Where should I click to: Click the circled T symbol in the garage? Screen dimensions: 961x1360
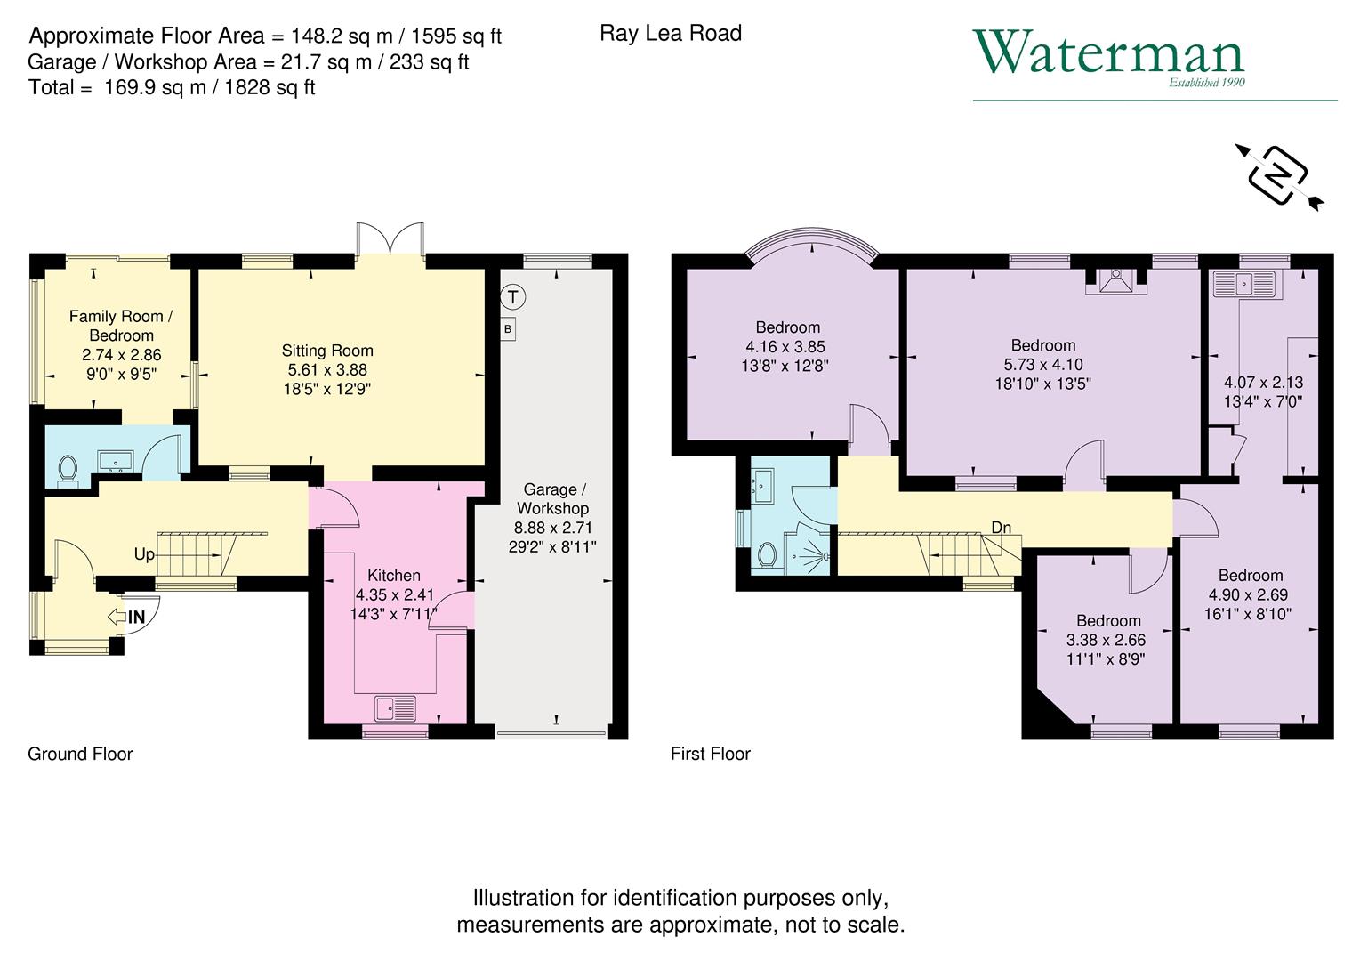[513, 296]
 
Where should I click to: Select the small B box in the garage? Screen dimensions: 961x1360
[508, 329]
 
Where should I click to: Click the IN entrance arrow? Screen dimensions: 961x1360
[126, 616]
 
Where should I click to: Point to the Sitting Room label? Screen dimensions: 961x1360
[327, 351]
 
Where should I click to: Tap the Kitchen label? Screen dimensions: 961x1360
[394, 575]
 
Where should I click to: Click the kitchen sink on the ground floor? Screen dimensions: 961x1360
[395, 708]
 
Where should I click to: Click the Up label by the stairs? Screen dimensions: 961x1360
[144, 554]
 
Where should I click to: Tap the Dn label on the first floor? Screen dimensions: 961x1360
[1001, 528]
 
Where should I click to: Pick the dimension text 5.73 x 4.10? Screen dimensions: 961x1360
[1042, 364]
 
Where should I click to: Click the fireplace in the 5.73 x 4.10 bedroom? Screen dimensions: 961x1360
[1115, 281]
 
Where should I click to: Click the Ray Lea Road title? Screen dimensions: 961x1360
[671, 34]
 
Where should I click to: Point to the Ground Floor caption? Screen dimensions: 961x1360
[80, 754]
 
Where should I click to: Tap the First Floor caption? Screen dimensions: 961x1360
[710, 754]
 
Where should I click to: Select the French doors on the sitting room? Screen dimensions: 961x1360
[390, 240]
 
